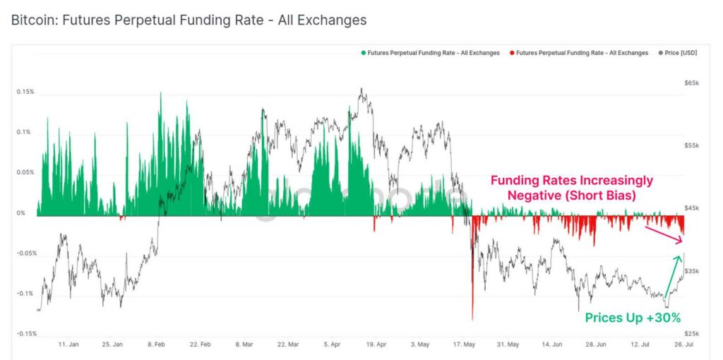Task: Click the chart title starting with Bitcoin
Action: [189, 20]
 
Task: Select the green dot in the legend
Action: [363, 53]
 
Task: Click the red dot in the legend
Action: [513, 53]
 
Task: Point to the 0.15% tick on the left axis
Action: [25, 92]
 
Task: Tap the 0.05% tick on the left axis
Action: [25, 172]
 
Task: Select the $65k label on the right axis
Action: [692, 83]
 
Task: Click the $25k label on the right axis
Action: [692, 334]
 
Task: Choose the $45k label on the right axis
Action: [692, 208]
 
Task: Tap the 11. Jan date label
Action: [68, 344]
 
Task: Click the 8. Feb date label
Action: [157, 344]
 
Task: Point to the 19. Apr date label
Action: [376, 344]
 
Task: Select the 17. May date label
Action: [464, 344]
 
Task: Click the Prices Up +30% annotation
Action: [633, 318]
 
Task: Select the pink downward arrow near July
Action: [664, 235]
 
